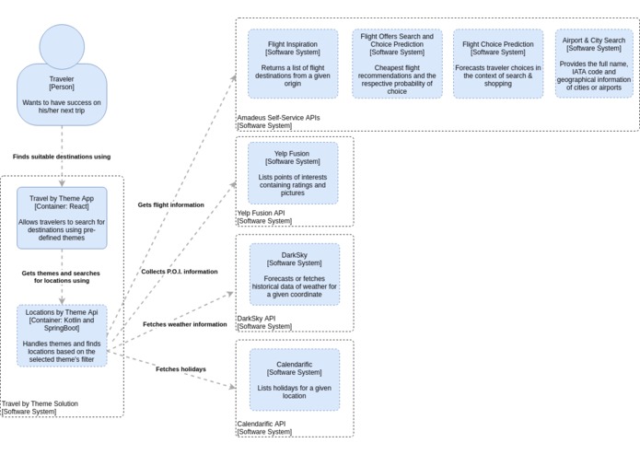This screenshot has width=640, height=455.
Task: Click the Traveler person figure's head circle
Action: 62,47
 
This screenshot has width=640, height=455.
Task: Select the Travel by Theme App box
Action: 62,218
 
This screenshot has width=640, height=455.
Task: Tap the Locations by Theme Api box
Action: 62,335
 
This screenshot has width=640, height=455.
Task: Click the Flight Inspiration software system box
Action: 293,64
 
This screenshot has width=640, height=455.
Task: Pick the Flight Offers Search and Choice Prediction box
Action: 397,64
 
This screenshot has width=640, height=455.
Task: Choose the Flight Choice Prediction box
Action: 498,64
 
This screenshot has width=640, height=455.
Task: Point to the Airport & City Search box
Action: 594,64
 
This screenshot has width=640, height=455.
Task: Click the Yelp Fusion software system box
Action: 293,173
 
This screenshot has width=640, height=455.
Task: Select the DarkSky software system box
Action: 295,274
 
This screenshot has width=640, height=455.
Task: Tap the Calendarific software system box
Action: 295,379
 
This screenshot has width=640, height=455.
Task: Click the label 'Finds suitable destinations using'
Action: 62,157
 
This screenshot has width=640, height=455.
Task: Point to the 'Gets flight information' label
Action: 171,204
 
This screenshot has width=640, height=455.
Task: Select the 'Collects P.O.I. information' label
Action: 180,272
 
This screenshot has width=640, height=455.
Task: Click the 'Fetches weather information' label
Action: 185,324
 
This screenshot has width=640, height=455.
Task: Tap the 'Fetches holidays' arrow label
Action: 180,369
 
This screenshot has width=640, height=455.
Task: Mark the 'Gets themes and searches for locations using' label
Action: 61,277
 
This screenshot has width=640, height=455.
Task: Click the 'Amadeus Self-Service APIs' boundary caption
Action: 278,118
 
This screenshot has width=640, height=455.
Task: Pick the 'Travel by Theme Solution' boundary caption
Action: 40,403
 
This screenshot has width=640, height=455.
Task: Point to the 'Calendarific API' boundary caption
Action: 262,424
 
